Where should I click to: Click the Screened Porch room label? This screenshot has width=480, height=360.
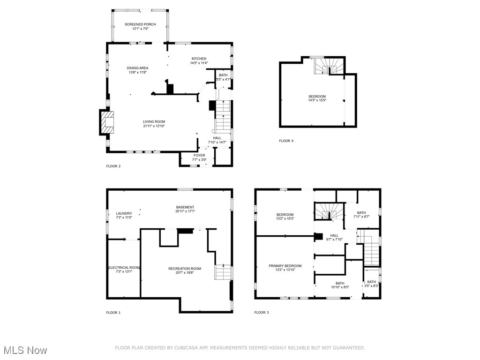point(140,24)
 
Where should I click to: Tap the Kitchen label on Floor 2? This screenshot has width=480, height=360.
point(198,59)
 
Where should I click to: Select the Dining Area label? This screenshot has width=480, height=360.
point(137,68)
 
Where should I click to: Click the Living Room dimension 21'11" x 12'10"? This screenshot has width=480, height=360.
point(154,126)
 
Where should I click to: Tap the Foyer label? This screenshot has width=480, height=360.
point(199,155)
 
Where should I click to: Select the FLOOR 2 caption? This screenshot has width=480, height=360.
point(113,166)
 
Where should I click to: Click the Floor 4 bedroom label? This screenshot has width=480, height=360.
point(317,97)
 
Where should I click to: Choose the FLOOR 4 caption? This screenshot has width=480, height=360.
point(286,141)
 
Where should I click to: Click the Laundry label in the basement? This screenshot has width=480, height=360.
point(124,213)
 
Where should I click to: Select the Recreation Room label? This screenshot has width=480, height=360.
point(185,269)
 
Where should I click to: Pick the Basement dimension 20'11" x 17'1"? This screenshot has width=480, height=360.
point(185,211)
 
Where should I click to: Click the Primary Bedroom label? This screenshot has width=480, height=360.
point(285,266)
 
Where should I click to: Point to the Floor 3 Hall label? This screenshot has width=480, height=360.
point(334,235)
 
